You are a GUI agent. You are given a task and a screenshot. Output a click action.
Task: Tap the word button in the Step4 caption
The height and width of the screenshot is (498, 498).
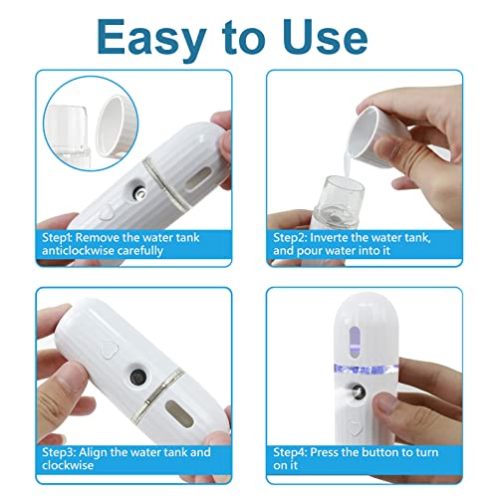pyautogui.click(x=407, y=451)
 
